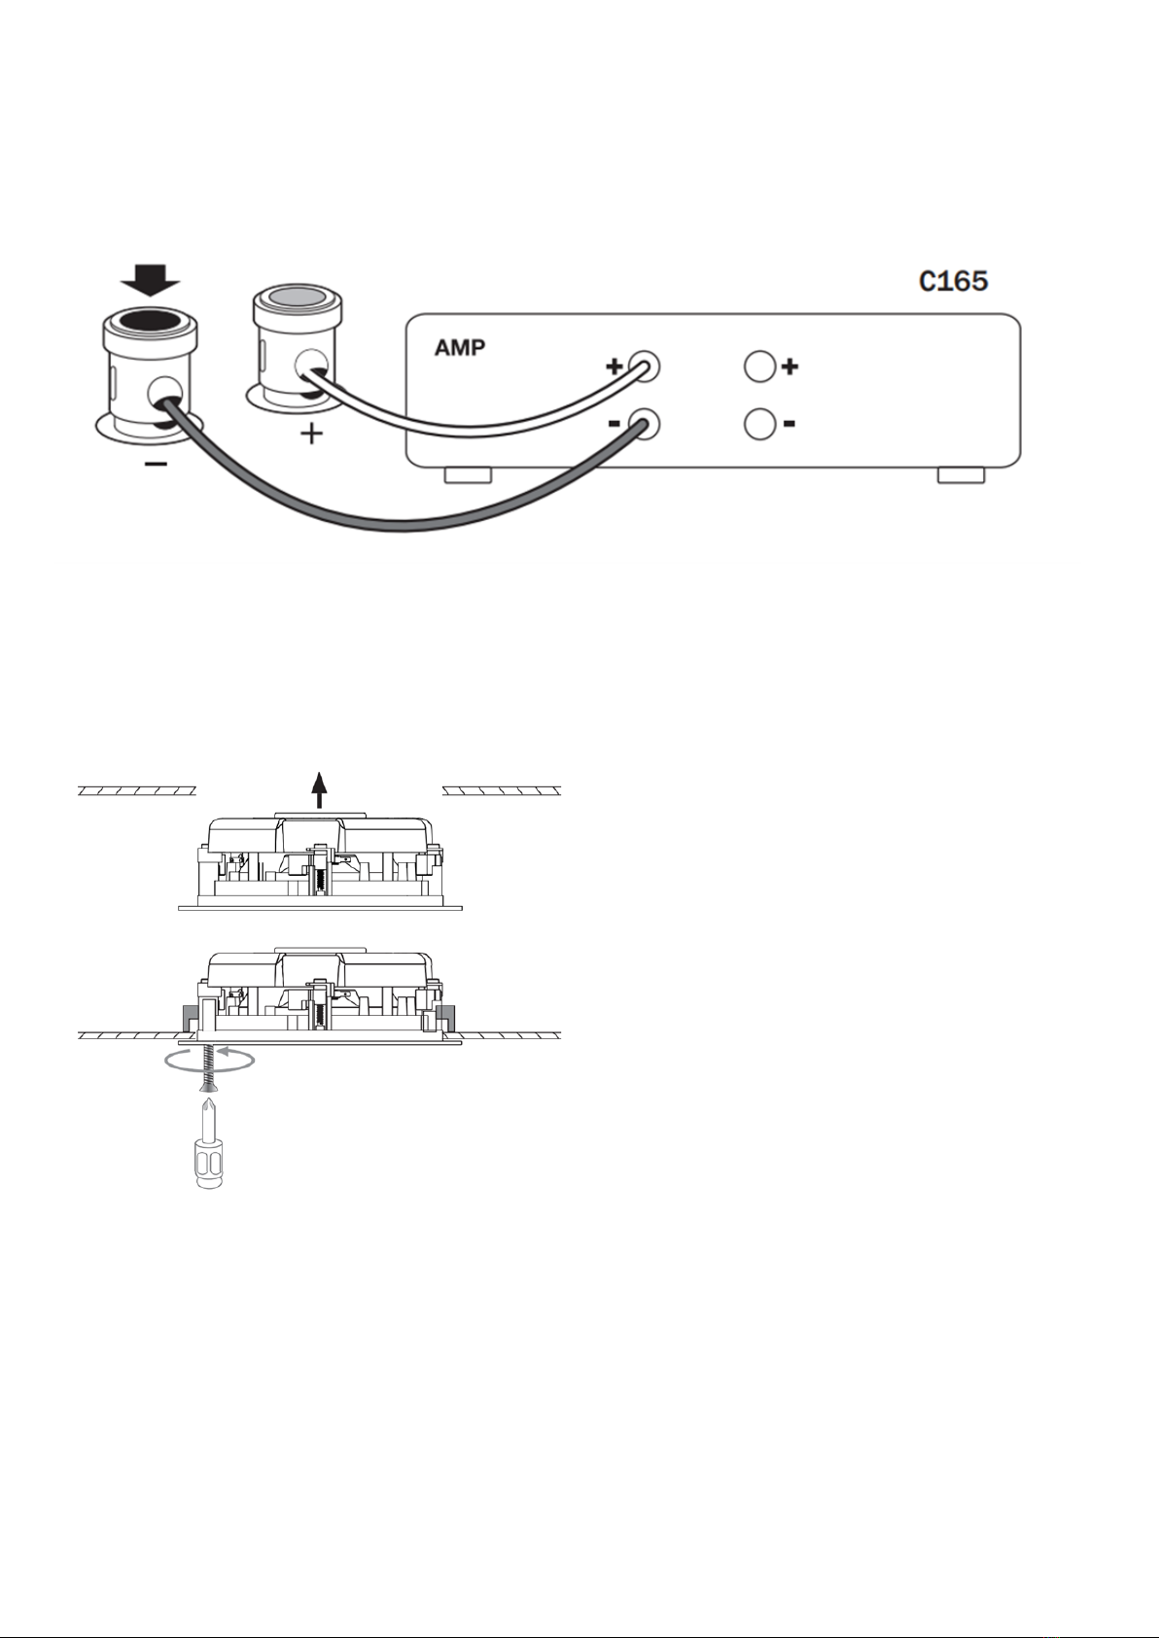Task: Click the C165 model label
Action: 953,281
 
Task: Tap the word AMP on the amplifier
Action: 459,347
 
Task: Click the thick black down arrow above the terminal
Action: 151,281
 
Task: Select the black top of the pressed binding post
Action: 150,320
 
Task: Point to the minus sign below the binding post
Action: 156,464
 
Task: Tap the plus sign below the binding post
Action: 311,434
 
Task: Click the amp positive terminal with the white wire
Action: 644,366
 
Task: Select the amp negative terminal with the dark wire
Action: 644,424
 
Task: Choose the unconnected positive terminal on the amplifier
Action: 759,366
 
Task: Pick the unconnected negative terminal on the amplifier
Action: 759,424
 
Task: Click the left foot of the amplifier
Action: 468,475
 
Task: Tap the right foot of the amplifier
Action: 961,475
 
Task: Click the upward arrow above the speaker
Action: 318,789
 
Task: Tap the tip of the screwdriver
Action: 209,1098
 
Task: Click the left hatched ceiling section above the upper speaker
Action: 137,790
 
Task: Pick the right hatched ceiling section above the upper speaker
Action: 502,790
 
